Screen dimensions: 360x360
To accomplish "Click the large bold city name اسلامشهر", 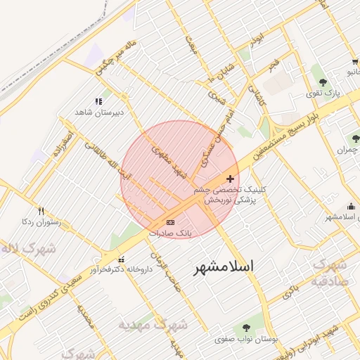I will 223,267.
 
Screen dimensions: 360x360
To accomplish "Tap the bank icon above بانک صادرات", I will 170,222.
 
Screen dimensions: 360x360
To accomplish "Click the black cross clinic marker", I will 231,179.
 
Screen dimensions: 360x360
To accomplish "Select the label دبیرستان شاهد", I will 99,112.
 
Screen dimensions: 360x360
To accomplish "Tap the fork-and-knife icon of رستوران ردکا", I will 41,210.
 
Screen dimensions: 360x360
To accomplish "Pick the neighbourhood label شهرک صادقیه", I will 330,271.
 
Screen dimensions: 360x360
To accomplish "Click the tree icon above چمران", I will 355,139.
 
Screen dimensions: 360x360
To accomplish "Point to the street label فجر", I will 273,65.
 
